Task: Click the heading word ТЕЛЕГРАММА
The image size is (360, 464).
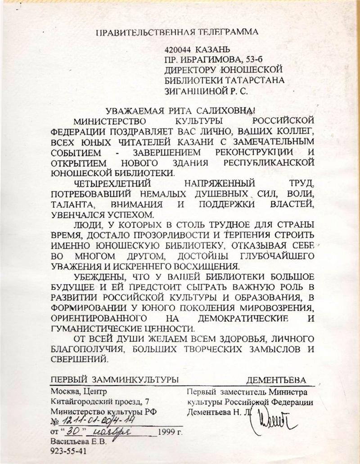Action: point(229,32)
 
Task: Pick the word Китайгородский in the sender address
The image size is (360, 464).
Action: point(76,401)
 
